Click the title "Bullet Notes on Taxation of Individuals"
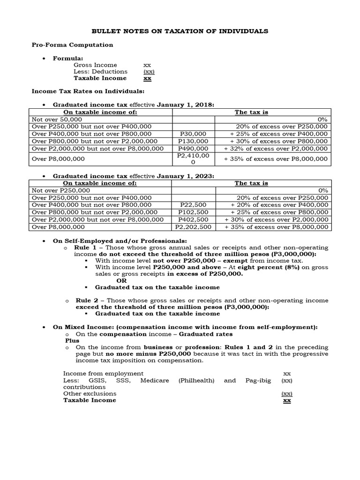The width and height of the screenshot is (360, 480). coord(180,31)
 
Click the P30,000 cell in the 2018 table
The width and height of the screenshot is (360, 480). coord(194,134)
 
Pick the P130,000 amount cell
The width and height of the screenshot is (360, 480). coord(194,141)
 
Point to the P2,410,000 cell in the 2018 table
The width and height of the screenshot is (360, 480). coord(194,158)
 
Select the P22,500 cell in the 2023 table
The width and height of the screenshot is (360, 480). coord(194,205)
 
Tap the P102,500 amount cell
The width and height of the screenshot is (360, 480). coord(194,212)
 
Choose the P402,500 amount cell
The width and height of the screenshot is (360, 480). coord(194,219)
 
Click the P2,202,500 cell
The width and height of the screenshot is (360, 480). coord(194,227)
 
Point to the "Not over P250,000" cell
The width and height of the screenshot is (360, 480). coord(60,191)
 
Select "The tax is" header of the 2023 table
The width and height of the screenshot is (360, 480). coord(251,183)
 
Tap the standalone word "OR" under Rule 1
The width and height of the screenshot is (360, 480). coord(121,280)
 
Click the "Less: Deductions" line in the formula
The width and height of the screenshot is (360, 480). coord(100,71)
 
